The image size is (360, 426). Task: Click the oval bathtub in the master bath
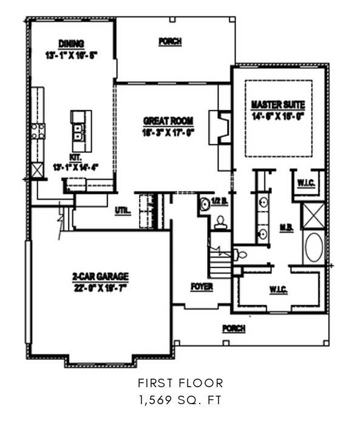[x=314, y=248]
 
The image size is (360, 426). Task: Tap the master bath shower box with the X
[x=314, y=215]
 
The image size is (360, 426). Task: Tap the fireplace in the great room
[x=218, y=126]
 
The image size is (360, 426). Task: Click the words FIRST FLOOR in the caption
[x=180, y=383]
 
